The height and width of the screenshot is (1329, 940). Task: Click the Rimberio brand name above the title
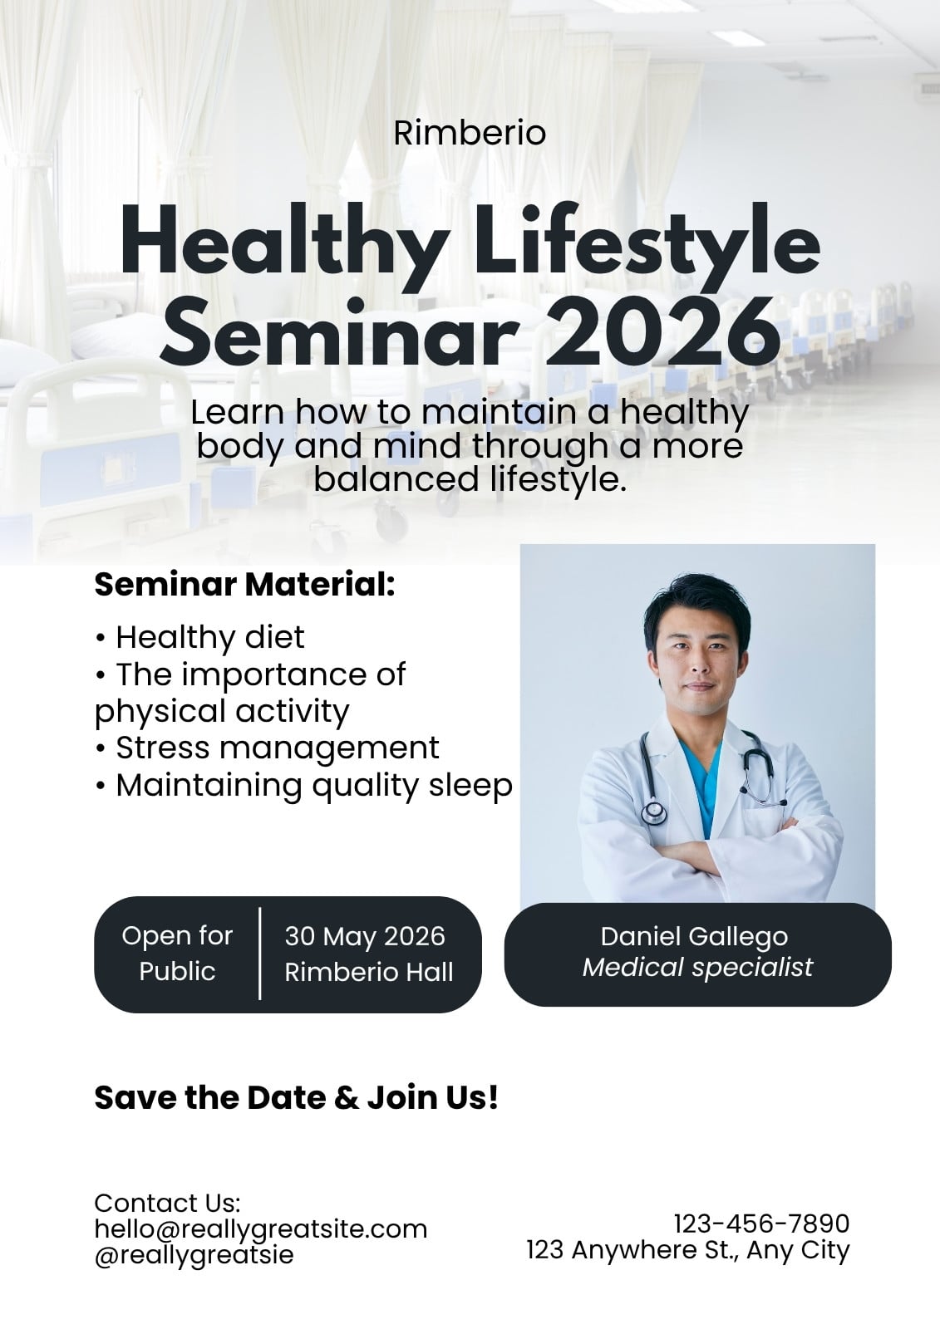click(470, 133)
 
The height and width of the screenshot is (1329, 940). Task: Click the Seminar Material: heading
click(244, 585)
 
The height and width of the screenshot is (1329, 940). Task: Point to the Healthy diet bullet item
click(199, 637)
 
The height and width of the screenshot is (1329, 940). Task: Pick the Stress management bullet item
click(268, 748)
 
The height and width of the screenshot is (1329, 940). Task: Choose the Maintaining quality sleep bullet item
click(304, 786)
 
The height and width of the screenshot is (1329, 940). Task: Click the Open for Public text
click(177, 954)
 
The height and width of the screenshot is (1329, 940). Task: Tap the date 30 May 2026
click(365, 936)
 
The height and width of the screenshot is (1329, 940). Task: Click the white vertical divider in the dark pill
click(260, 954)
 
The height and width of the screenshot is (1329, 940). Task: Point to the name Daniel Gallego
click(694, 936)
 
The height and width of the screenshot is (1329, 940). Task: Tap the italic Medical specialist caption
click(697, 968)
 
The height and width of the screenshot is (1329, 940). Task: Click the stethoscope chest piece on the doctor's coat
click(654, 811)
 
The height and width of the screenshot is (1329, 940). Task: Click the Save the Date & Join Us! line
click(297, 1097)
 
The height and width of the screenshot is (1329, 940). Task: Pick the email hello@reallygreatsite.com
click(261, 1229)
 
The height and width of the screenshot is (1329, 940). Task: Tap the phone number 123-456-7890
click(762, 1224)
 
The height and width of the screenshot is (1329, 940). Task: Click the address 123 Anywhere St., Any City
click(688, 1250)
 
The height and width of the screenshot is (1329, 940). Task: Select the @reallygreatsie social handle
click(194, 1255)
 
